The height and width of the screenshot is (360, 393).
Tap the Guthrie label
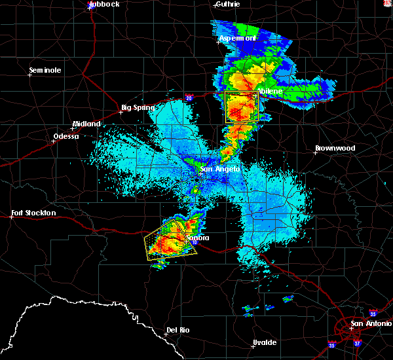[227, 4]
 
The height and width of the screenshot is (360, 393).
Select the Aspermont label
[236, 39]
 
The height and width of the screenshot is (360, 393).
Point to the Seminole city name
[45, 70]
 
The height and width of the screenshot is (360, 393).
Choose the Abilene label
[269, 92]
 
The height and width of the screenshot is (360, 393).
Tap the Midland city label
[86, 124]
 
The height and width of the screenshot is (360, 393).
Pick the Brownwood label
[335, 148]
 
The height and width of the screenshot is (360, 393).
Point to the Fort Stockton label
[34, 213]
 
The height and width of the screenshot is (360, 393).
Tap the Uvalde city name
[265, 342]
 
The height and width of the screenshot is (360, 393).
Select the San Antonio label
[370, 323]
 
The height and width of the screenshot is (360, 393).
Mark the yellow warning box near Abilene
[241, 107]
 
